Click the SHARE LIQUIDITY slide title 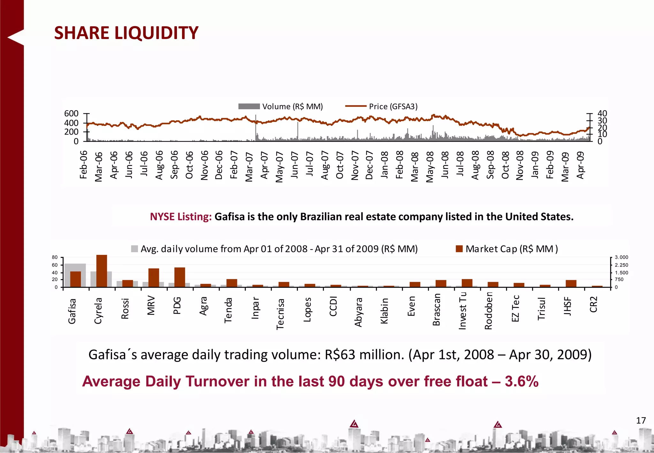coord(126,33)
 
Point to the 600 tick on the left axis coord(71,114)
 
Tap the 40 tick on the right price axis coord(602,114)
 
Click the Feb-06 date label coord(84,165)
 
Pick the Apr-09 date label coord(581,165)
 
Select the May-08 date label coord(430,167)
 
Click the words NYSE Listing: coord(181,217)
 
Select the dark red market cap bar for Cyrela coord(102,271)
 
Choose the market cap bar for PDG coord(179,277)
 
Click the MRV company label coord(151,306)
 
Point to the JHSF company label coord(567,306)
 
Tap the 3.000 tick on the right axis coord(621,257)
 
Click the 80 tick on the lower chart coord(55,257)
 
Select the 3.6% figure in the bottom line coord(521,381)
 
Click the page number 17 coord(641,420)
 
